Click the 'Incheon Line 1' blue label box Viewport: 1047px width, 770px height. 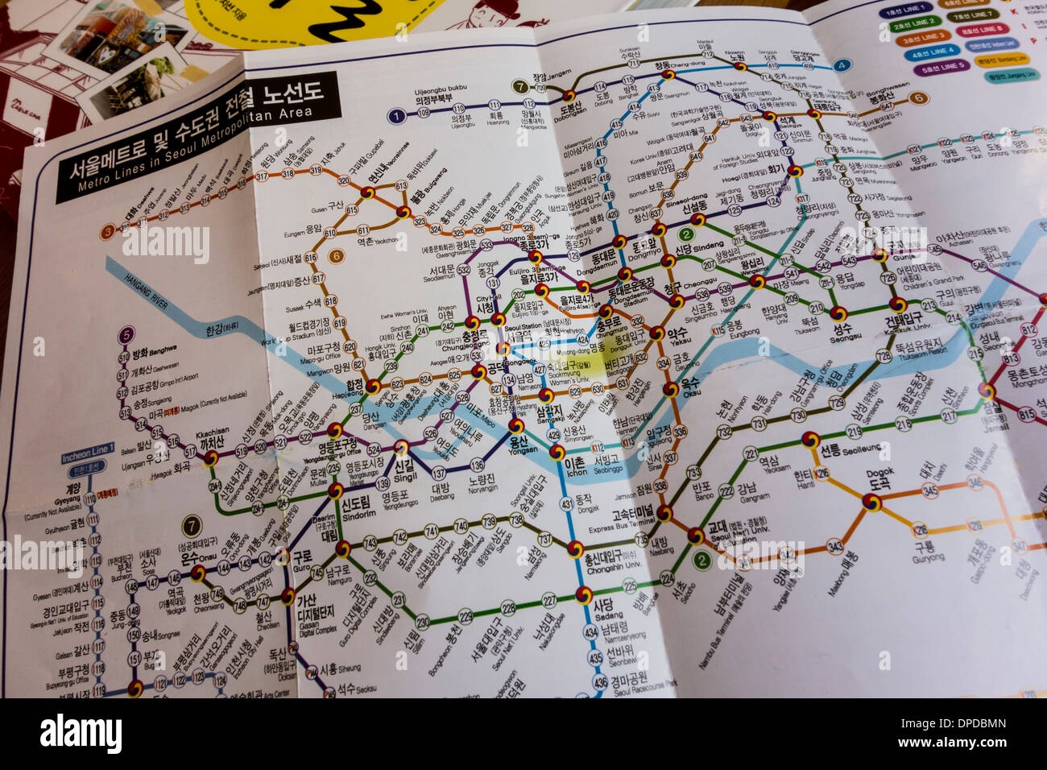tap(89, 459)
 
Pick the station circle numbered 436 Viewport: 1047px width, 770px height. tap(600, 682)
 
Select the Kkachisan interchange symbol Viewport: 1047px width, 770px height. tap(211, 457)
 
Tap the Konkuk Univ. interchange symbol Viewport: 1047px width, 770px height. tap(896, 304)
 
